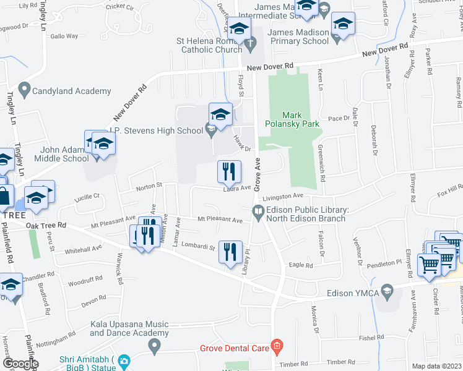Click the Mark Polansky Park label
pyautogui.click(x=300, y=119)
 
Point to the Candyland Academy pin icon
pyautogui.click(x=24, y=90)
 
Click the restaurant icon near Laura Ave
pyautogui.click(x=229, y=171)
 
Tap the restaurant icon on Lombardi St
pyautogui.click(x=230, y=252)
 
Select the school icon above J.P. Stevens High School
pyautogui.click(x=220, y=114)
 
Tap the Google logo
pyautogui.click(x=20, y=364)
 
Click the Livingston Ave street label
pyautogui.click(x=284, y=197)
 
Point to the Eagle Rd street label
pyautogui.click(x=301, y=265)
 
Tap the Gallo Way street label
pyautogui.click(x=64, y=36)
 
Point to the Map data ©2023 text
pyautogui.click(x=436, y=365)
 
